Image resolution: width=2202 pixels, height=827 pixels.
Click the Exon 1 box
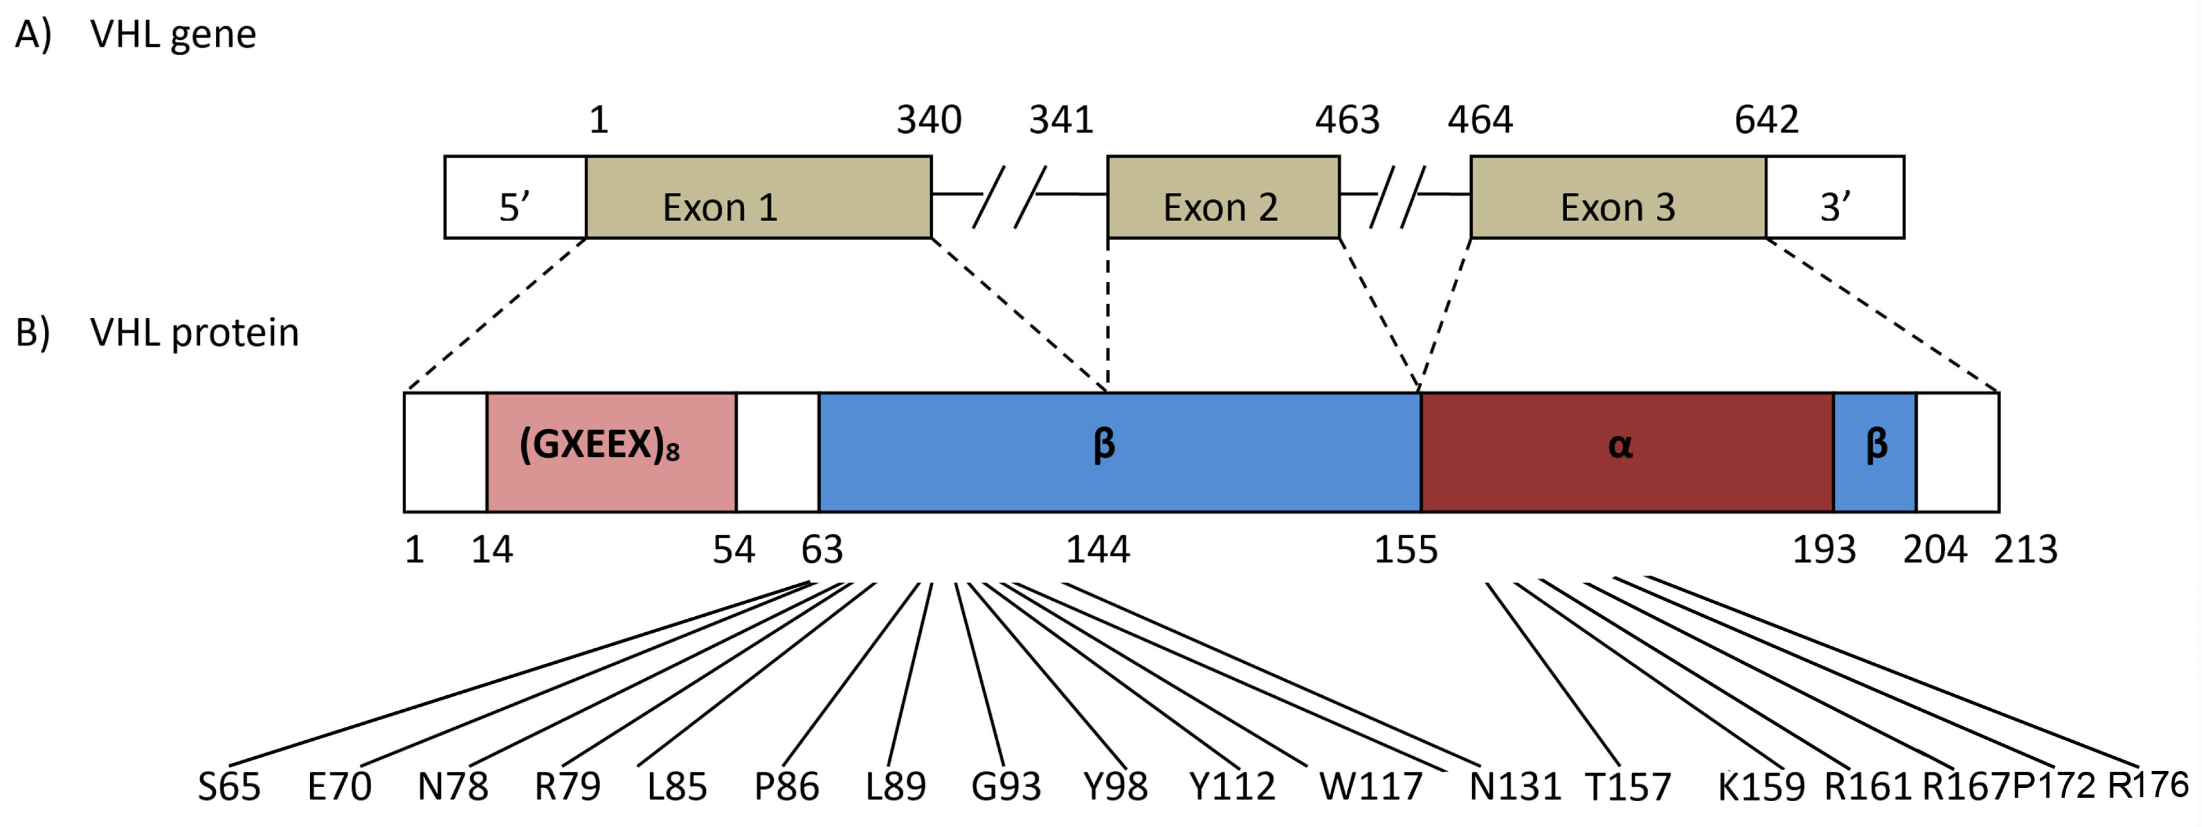pyautogui.click(x=758, y=197)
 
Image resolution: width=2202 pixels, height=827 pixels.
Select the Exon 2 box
pyautogui.click(x=1222, y=197)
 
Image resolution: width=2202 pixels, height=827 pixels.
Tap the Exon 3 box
pyautogui.click(x=1617, y=197)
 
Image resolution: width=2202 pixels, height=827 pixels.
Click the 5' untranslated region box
pyautogui.click(x=515, y=197)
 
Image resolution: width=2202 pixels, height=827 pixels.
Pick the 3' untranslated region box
pyautogui.click(x=1834, y=197)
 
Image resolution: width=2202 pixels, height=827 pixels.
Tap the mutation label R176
pyautogui.click(x=2147, y=785)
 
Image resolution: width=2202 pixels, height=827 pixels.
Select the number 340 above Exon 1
pyautogui.click(x=928, y=120)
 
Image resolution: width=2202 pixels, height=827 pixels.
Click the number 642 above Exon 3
pyautogui.click(x=1766, y=120)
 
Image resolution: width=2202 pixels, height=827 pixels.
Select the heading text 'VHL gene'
pyautogui.click(x=173, y=34)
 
